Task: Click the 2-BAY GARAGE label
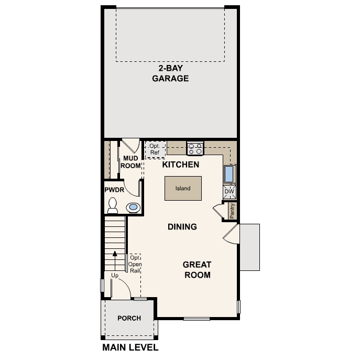point(170,74)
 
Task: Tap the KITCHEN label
point(180,165)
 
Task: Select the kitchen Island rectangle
point(183,189)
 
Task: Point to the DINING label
point(182,227)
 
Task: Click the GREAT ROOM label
point(198,270)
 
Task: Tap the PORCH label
point(129,318)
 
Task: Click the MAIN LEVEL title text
point(130,347)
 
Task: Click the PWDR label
point(114,190)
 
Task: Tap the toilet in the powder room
point(113,206)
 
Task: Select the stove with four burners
point(195,148)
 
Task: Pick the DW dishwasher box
point(229,192)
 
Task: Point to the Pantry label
point(232,211)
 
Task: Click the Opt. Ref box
point(155,149)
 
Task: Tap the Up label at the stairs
point(115,275)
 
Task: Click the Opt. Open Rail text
point(135,264)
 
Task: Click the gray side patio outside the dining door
point(249,246)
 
